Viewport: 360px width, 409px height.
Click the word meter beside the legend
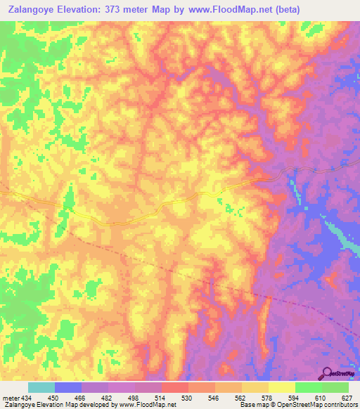[x=11, y=398]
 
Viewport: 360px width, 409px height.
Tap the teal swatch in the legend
[x=41, y=387]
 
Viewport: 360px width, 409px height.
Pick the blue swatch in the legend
[x=68, y=387]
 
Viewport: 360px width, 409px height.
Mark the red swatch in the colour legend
[x=175, y=387]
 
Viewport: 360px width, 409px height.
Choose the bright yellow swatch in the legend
[x=282, y=387]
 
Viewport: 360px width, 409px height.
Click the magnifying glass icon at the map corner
[x=326, y=373]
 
